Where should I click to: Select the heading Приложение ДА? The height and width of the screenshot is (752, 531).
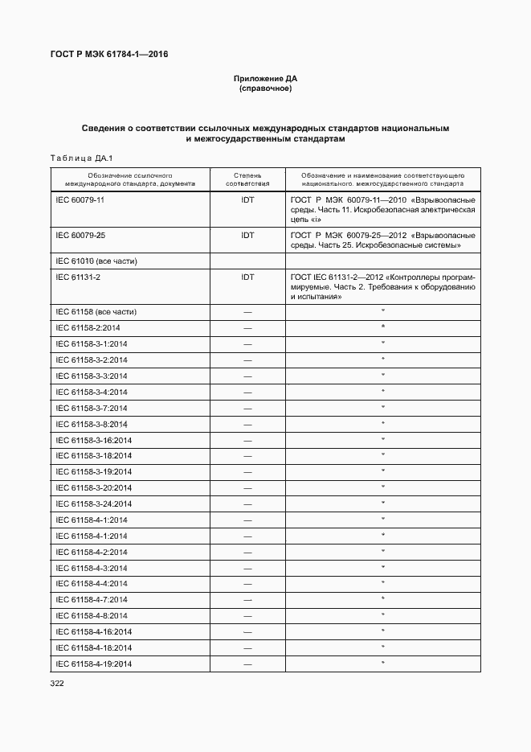[265, 79]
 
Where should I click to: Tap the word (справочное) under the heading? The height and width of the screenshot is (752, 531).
[265, 88]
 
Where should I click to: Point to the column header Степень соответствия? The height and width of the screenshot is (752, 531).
[247, 179]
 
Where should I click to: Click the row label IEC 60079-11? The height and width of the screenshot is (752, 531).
[80, 199]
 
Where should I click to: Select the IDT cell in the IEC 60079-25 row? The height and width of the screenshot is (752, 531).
[247, 235]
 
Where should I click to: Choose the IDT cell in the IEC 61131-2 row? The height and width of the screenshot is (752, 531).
[247, 277]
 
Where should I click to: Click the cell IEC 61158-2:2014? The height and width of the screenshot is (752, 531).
[88, 328]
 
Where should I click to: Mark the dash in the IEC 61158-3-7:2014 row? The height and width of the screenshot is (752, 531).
[247, 409]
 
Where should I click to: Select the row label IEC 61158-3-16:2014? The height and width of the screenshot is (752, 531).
[93, 440]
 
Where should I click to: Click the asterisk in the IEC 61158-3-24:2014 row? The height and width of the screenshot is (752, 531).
[383, 503]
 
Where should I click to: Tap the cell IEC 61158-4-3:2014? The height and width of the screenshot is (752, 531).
[92, 568]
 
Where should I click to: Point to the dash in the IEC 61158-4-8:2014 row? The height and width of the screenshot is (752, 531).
[247, 616]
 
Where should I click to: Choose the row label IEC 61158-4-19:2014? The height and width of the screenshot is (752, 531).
[93, 664]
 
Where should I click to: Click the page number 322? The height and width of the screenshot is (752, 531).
[56, 684]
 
